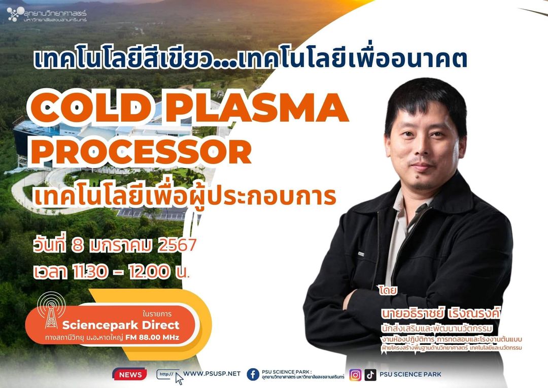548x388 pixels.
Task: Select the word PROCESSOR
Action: point(142,152)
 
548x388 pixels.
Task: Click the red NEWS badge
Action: point(130,374)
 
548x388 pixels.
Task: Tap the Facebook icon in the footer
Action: point(253,374)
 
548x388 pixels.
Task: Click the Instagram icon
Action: point(355,375)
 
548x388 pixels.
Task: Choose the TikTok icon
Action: point(370,375)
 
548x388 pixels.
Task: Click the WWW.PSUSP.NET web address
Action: point(212,374)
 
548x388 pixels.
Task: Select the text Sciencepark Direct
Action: point(121,325)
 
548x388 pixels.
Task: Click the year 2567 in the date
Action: point(177,245)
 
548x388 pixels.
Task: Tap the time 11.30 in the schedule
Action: point(90,272)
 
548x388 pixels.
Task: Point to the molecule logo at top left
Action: point(14,14)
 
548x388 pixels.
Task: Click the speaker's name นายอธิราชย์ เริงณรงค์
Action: point(441,312)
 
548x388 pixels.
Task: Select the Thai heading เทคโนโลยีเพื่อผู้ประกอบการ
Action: point(185,197)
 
